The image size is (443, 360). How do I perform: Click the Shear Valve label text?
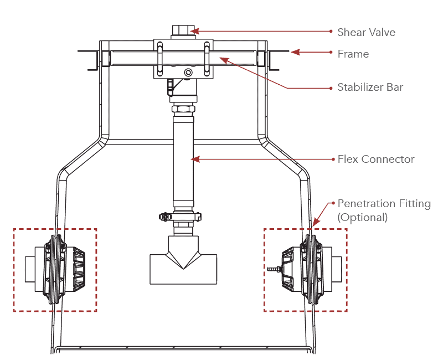point(366,32)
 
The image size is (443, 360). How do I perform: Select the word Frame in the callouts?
point(353,54)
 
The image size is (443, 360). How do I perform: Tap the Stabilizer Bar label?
point(370,88)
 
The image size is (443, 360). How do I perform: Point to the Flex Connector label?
point(375,160)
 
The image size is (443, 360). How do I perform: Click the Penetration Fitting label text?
point(384,204)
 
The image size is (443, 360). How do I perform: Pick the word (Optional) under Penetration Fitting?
point(362,217)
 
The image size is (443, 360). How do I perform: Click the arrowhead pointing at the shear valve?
point(193,31)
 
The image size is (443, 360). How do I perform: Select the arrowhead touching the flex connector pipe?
point(194,159)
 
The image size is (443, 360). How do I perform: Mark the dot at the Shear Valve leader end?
point(331,32)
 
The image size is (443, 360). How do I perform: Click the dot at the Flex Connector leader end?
point(331,159)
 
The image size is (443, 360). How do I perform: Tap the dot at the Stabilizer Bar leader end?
point(331,88)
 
